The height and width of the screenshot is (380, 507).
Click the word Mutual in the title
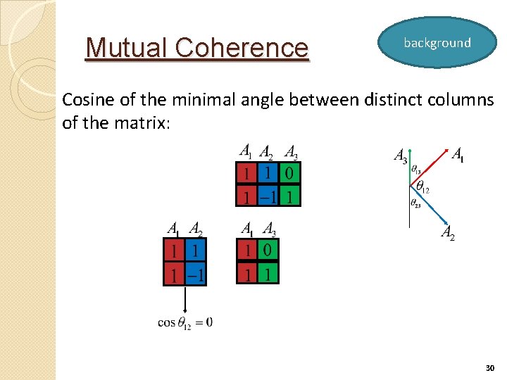127,48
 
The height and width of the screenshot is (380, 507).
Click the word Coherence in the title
242,48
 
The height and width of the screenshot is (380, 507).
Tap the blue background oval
437,43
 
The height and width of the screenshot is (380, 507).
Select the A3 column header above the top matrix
291,152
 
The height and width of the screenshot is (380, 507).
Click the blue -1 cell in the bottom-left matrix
195,273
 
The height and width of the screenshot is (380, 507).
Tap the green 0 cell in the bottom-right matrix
268,250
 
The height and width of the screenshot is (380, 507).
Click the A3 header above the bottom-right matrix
269,229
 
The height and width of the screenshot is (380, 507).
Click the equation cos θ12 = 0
185,322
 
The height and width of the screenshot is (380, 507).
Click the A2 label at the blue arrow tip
448,233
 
